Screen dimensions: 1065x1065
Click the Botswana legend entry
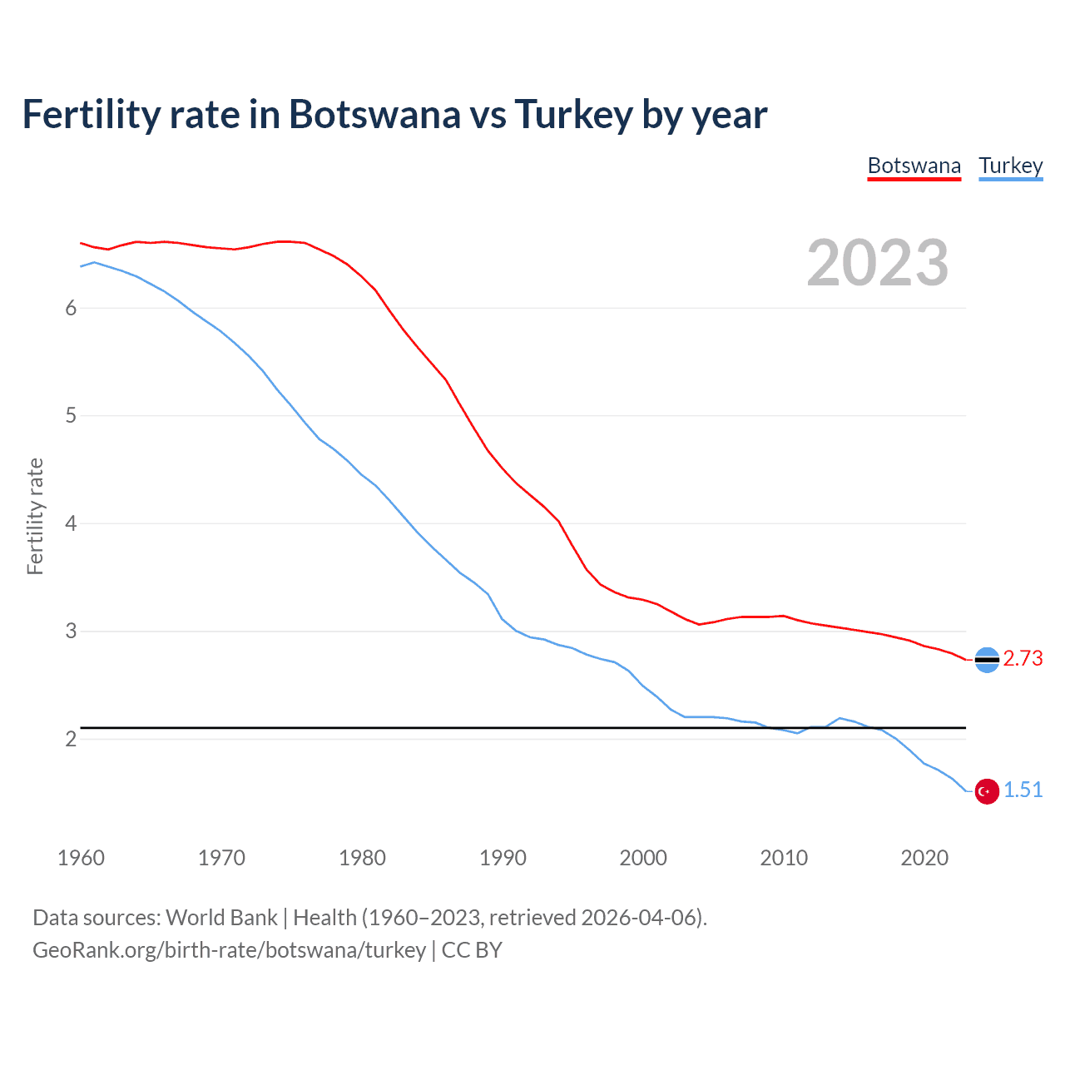(x=914, y=166)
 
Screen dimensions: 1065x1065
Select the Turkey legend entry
(x=1010, y=166)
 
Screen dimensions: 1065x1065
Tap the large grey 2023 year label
(x=877, y=263)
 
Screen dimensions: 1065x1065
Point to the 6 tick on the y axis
(x=71, y=309)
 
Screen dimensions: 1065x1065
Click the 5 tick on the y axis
(x=71, y=416)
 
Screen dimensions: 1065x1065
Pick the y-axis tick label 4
(x=71, y=523)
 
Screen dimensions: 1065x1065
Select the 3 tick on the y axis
(x=71, y=632)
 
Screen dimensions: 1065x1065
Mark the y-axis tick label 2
(x=71, y=739)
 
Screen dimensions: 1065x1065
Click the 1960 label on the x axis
(x=81, y=858)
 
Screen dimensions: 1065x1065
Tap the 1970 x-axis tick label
(x=221, y=858)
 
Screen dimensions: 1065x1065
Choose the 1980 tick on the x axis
(x=362, y=858)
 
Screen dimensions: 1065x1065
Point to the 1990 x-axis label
(x=503, y=858)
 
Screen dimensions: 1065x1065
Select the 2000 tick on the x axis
(x=643, y=858)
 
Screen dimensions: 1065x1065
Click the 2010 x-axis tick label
(x=784, y=858)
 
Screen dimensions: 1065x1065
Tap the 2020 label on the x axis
(x=924, y=858)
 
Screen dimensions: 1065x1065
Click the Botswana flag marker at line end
(x=987, y=660)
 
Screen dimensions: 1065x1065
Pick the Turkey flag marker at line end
(x=987, y=791)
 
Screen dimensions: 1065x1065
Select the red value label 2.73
(x=1023, y=658)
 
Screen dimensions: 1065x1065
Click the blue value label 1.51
(x=1023, y=790)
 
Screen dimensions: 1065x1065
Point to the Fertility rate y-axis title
(x=35, y=516)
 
